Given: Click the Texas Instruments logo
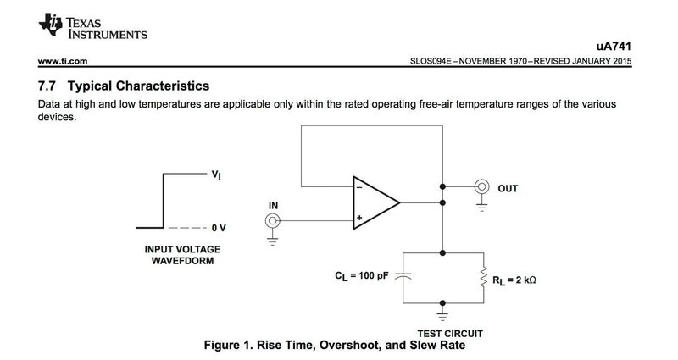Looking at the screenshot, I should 50,25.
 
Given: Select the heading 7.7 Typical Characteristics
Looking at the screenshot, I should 124,86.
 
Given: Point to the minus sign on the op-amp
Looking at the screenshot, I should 360,189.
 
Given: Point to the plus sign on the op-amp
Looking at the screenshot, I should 360,217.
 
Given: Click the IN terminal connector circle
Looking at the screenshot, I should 273,221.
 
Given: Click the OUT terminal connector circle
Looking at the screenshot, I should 483,186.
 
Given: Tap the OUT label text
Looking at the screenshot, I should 508,188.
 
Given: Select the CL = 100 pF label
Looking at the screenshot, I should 362,276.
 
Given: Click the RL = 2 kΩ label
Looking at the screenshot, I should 519,276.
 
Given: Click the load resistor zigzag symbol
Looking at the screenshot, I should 483,276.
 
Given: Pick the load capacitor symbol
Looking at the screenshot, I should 403,276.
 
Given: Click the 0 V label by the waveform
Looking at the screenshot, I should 220,228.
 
